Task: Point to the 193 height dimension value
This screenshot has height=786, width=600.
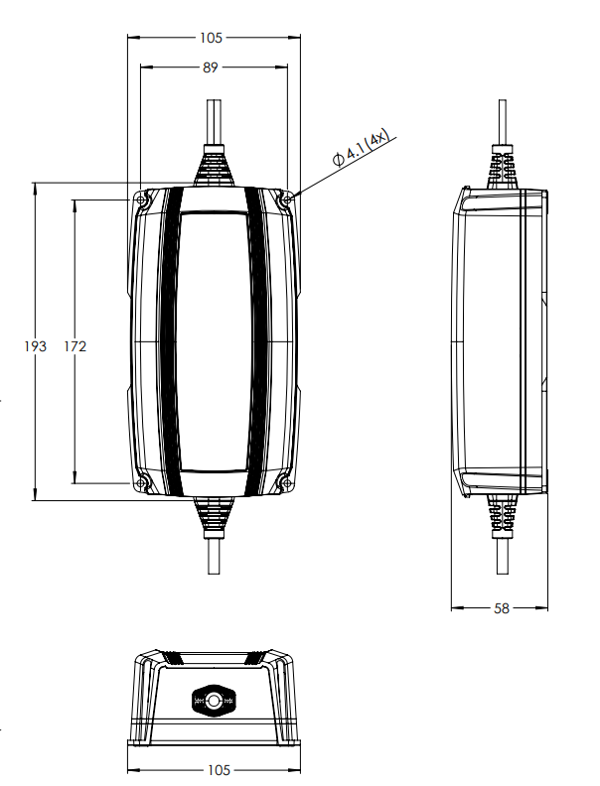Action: (x=36, y=346)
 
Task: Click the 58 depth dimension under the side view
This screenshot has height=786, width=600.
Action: (x=501, y=608)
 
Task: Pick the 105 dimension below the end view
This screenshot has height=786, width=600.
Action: (x=218, y=770)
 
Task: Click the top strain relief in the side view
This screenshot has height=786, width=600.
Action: (x=502, y=169)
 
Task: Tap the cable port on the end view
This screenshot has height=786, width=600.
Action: (x=215, y=701)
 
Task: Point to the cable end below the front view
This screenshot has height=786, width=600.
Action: (x=215, y=556)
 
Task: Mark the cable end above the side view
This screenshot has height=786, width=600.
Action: (x=502, y=119)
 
